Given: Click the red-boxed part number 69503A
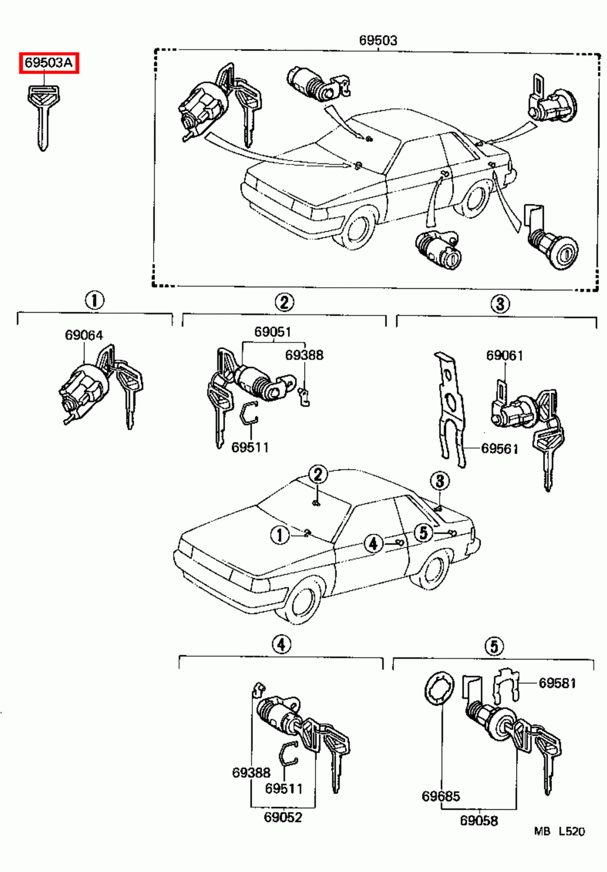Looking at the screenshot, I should click(49, 63).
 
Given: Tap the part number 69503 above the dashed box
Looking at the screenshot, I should click(378, 40).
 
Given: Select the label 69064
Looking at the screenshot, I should click(84, 335).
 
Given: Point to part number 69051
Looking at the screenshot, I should click(272, 332).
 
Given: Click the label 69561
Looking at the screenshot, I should click(499, 449).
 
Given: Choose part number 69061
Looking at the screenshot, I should click(505, 355).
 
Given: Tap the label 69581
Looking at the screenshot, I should click(557, 683).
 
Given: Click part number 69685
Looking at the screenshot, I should click(440, 796).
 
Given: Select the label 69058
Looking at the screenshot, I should click(479, 820).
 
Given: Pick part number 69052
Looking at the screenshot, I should click(283, 817).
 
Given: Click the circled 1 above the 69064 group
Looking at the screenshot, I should click(94, 300).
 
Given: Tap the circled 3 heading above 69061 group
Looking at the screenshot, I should click(500, 303).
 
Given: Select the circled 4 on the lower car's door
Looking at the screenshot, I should click(373, 543).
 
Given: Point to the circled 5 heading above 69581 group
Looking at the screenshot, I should click(493, 646).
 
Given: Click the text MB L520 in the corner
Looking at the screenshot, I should click(559, 832).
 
